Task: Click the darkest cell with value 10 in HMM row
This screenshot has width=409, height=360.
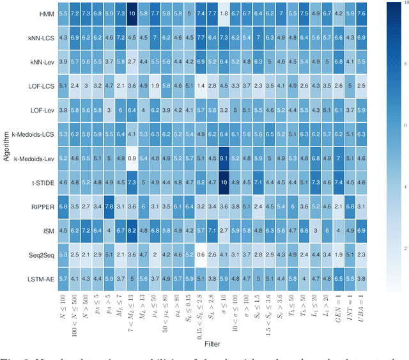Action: coord(132,13)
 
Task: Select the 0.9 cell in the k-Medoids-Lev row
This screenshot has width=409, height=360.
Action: coord(132,158)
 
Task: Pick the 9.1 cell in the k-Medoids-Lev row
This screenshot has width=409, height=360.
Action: coord(224,158)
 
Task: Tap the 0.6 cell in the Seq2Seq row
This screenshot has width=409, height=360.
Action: coord(201,254)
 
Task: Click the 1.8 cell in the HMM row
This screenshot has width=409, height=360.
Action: coord(224,13)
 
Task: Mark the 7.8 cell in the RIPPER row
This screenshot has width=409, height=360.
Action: coord(109,207)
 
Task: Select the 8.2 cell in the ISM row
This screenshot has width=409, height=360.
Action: coord(132,230)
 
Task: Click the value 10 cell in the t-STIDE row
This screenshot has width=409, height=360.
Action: coord(224,182)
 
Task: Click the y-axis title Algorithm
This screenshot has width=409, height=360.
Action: coord(6,146)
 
